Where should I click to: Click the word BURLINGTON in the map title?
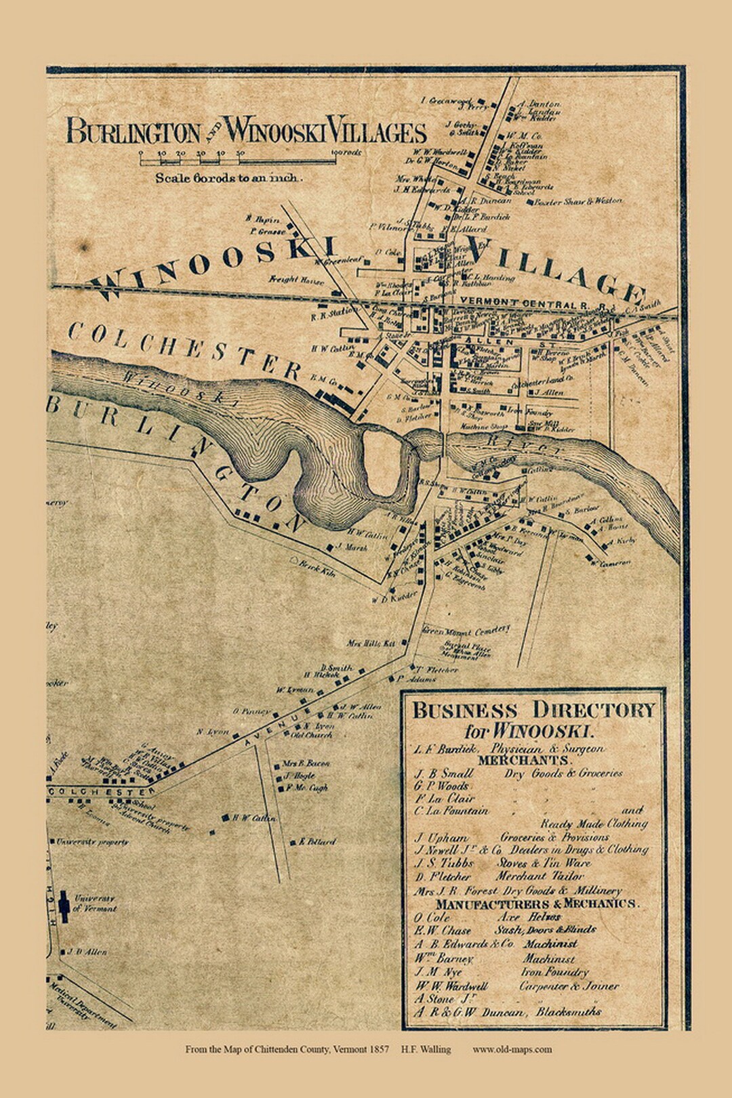tap(134, 131)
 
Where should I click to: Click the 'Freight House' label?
tap(296, 280)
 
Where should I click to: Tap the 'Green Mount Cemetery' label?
tap(466, 631)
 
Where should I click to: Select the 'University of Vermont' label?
tap(95, 903)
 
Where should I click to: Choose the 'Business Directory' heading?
tap(533, 711)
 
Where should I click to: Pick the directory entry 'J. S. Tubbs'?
tap(444, 863)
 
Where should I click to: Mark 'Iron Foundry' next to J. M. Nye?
tap(555, 972)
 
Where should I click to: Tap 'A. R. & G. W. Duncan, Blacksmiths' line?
tap(508, 1012)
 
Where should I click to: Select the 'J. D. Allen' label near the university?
tap(87, 952)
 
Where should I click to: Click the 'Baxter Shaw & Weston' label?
tap(577, 201)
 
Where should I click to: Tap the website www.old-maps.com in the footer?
tap(512, 1049)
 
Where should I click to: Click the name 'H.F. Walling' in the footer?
tap(426, 1049)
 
